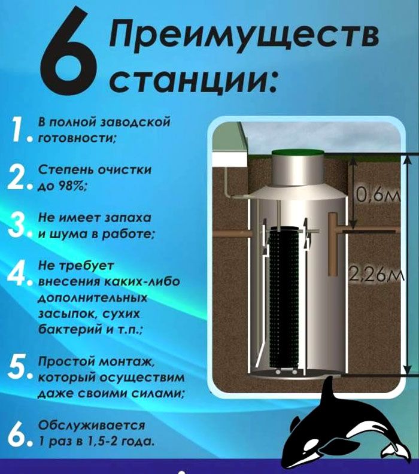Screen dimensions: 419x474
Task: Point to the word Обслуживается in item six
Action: point(92,426)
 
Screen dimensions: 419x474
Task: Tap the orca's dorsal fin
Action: point(328,393)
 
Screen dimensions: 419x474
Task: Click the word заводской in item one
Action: point(135,122)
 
